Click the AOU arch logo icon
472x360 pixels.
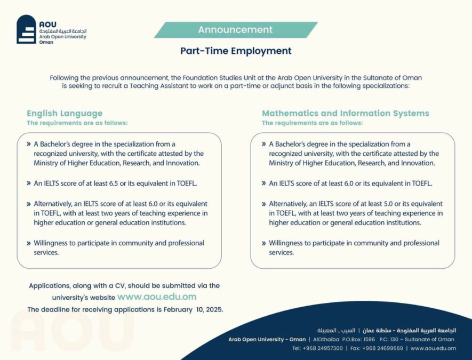26,29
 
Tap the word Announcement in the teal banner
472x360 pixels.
235,29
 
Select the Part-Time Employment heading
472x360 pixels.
236,51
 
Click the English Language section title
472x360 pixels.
65,114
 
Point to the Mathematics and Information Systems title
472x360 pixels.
345,113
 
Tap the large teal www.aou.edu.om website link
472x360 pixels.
157,297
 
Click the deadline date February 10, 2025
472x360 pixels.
193,309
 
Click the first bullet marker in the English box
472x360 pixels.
29,144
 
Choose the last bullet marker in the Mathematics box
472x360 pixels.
263,243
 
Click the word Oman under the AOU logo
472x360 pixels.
46,42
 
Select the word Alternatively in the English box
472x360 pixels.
53,204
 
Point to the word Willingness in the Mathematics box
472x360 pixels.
289,243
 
